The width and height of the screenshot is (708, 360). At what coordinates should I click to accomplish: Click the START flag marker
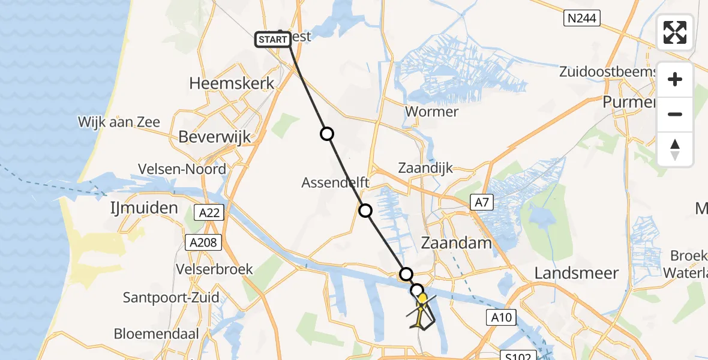[273, 40]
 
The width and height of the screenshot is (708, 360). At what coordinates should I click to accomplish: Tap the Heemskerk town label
[232, 83]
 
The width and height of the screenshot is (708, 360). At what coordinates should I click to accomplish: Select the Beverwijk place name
[214, 137]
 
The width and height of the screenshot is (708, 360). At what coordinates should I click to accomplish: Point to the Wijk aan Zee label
[119, 122]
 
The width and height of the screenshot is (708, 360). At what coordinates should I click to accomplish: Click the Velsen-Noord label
[181, 169]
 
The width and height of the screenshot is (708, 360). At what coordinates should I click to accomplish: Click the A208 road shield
[204, 242]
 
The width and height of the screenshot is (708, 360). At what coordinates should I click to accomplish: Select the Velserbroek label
[214, 269]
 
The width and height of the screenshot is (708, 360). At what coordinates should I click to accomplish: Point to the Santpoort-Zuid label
[171, 297]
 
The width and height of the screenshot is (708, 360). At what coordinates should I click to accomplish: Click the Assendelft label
[335, 182]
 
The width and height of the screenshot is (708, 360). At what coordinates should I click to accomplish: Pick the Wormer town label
[431, 112]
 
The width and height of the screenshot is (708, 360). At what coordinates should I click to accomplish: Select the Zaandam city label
[457, 243]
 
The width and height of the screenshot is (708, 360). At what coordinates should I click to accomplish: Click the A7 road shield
[482, 203]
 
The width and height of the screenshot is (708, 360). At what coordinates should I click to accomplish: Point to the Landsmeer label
[577, 273]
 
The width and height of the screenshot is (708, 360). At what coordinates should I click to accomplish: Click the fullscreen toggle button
[675, 32]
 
